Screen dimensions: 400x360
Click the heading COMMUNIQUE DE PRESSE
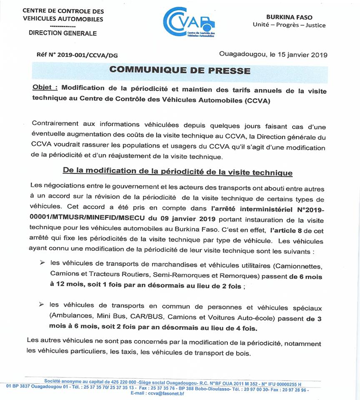click(180, 70)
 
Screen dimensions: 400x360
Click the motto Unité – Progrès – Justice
click(289, 25)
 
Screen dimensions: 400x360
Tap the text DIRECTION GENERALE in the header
click(62, 33)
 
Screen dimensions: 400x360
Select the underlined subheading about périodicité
click(177, 172)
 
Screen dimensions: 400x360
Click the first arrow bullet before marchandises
click(42, 263)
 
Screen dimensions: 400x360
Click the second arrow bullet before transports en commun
click(42, 305)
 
